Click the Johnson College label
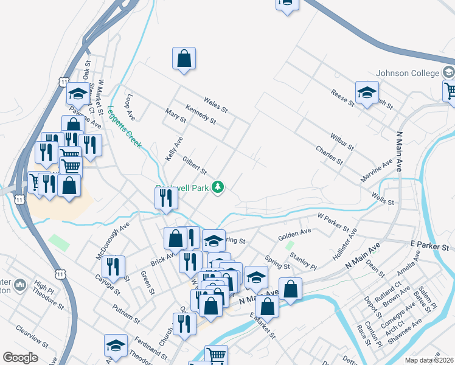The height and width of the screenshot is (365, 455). [408, 73]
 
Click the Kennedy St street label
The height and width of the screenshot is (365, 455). [201, 114]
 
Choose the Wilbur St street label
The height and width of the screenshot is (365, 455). [342, 143]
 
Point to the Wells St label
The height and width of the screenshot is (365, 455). [383, 198]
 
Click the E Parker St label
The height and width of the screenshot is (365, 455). [429, 246]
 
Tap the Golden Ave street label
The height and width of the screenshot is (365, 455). [294, 234]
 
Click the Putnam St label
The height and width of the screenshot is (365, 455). [126, 313]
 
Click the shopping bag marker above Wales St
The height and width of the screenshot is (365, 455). [184, 60]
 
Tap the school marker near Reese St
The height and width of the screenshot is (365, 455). [367, 94]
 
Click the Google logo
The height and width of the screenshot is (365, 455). [21, 358]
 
